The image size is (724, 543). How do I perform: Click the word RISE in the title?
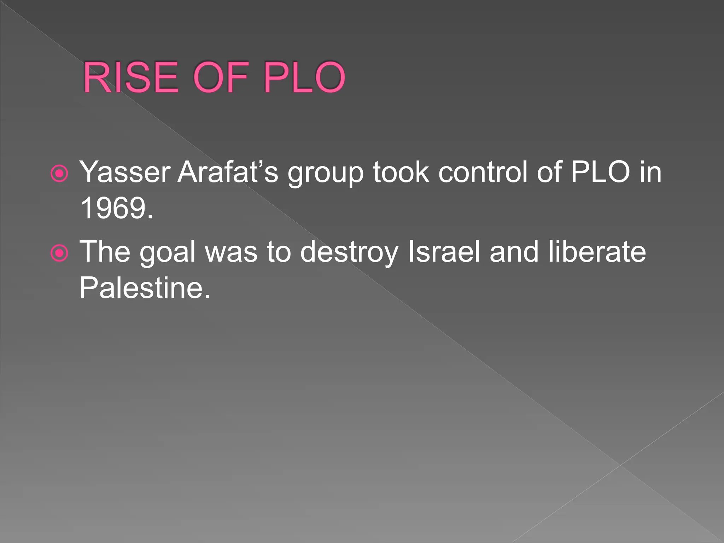click(130, 77)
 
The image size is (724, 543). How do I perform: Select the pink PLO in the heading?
click(304, 77)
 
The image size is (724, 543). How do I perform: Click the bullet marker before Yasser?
click(59, 174)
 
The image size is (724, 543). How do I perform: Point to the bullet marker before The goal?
click(59, 253)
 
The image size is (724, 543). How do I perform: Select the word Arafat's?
click(228, 172)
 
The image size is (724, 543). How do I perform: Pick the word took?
click(401, 172)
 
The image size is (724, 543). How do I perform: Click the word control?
click(483, 172)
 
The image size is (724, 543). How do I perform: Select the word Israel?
click(444, 252)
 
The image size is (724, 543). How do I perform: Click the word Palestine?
click(144, 288)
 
